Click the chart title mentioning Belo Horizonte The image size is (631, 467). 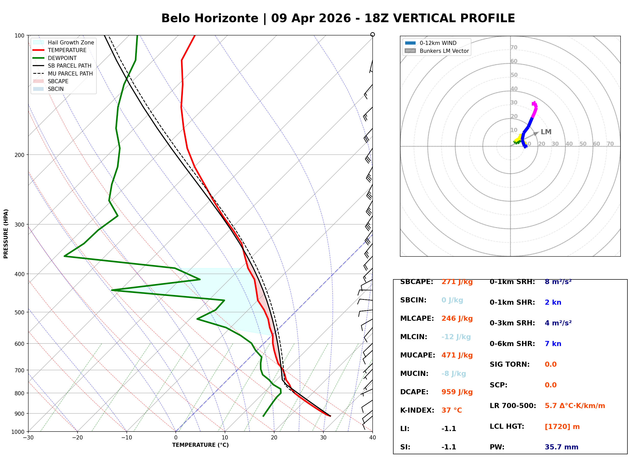tap(338, 18)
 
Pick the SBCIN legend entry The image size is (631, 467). tap(56, 89)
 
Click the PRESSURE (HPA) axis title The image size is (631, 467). tap(6, 234)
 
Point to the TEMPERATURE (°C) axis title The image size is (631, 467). tap(200, 445)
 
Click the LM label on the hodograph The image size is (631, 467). tap(546, 132)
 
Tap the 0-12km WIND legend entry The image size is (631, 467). tap(438, 43)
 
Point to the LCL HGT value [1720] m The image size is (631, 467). tap(562, 427)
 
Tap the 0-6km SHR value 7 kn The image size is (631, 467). tap(553, 344)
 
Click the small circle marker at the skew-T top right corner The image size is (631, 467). tap(373, 34)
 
